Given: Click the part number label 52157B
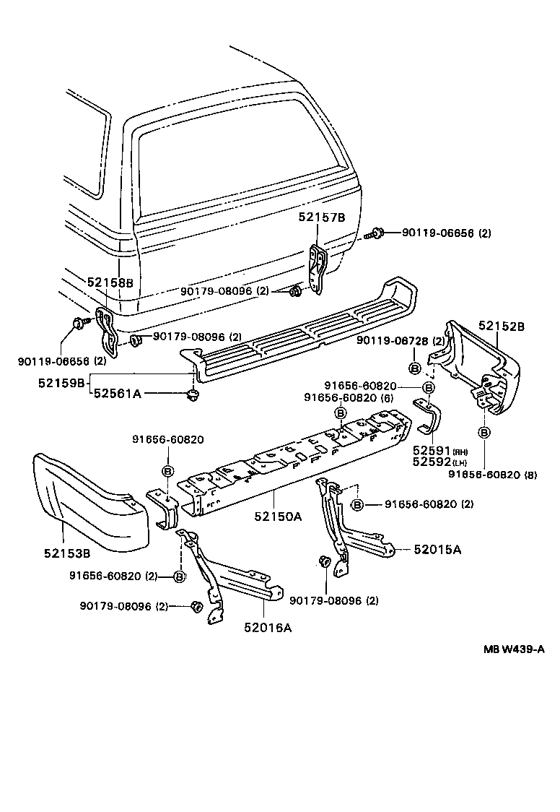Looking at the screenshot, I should (x=323, y=217).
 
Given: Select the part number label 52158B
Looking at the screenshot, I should (x=110, y=282).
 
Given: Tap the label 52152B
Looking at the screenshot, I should (x=501, y=327).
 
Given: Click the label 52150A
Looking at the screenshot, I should (x=278, y=517).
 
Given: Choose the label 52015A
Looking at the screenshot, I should (x=437, y=550).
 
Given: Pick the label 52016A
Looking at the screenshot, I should (x=268, y=627).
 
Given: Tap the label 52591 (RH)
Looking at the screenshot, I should (x=431, y=452).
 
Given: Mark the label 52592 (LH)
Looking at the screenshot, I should (x=431, y=462).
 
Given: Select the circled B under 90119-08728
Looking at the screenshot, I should (x=414, y=368).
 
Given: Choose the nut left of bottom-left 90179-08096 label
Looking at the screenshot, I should (x=195, y=607).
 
